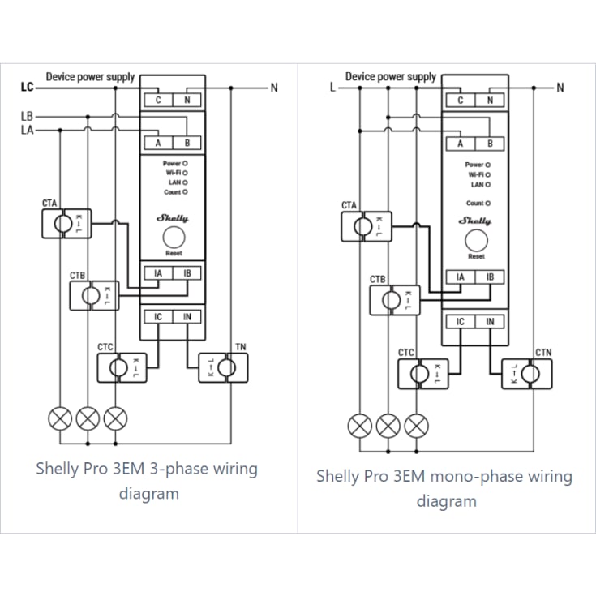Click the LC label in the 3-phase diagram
point(27,87)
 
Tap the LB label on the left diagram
point(27,116)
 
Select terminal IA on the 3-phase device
point(158,273)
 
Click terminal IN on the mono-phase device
point(490,322)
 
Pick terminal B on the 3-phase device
point(187,143)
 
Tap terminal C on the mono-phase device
point(461,101)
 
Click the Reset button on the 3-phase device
point(174,237)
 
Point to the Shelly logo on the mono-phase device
point(474,221)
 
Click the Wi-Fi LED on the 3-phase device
point(185,173)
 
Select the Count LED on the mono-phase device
point(488,204)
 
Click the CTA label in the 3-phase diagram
point(49,203)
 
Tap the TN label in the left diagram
point(241,347)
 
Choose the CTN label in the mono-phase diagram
point(543,353)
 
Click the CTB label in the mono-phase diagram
point(377,280)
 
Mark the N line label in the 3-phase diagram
point(274,88)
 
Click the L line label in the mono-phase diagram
point(332,88)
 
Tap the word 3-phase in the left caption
point(178,469)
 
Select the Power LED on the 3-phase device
point(185,164)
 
